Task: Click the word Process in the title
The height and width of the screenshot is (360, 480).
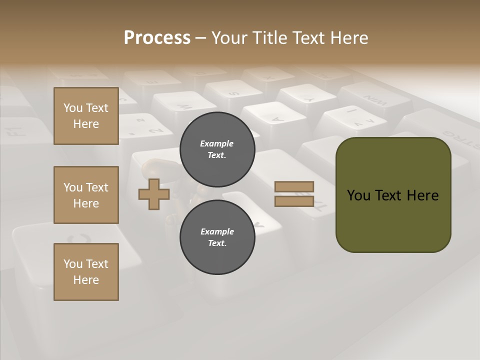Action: (x=157, y=38)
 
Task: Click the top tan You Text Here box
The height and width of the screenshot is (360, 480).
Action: (x=86, y=116)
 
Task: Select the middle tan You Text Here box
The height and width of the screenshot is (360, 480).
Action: (x=86, y=195)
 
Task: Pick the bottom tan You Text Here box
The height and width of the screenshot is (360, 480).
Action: (x=86, y=272)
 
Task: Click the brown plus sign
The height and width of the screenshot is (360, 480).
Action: (x=154, y=194)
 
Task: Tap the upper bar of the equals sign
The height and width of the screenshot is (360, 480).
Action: (x=294, y=186)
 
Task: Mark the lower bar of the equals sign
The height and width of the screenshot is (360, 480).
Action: (x=294, y=201)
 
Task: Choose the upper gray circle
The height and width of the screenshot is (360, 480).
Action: (x=217, y=149)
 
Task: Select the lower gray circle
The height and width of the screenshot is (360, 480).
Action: (x=217, y=237)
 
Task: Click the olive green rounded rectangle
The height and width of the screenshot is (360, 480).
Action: (x=393, y=195)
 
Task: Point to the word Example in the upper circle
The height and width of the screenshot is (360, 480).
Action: (x=217, y=143)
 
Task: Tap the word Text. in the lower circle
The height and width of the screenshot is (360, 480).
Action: (x=217, y=243)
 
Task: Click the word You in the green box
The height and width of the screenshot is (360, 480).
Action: (x=358, y=195)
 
